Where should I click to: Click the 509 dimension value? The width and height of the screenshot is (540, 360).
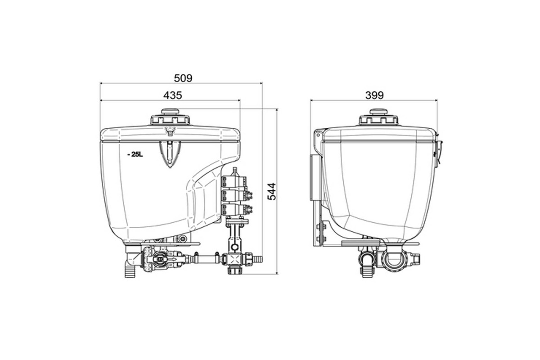click(183, 78)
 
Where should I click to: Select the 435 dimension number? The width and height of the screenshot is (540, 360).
click(173, 95)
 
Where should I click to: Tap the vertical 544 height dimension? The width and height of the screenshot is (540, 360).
click(272, 192)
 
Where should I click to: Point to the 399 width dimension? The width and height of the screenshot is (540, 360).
click(374, 95)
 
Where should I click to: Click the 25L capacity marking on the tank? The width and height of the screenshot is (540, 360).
click(135, 155)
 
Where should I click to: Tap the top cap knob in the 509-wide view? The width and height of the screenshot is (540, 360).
click(170, 112)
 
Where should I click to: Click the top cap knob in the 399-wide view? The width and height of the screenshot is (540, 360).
click(379, 112)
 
